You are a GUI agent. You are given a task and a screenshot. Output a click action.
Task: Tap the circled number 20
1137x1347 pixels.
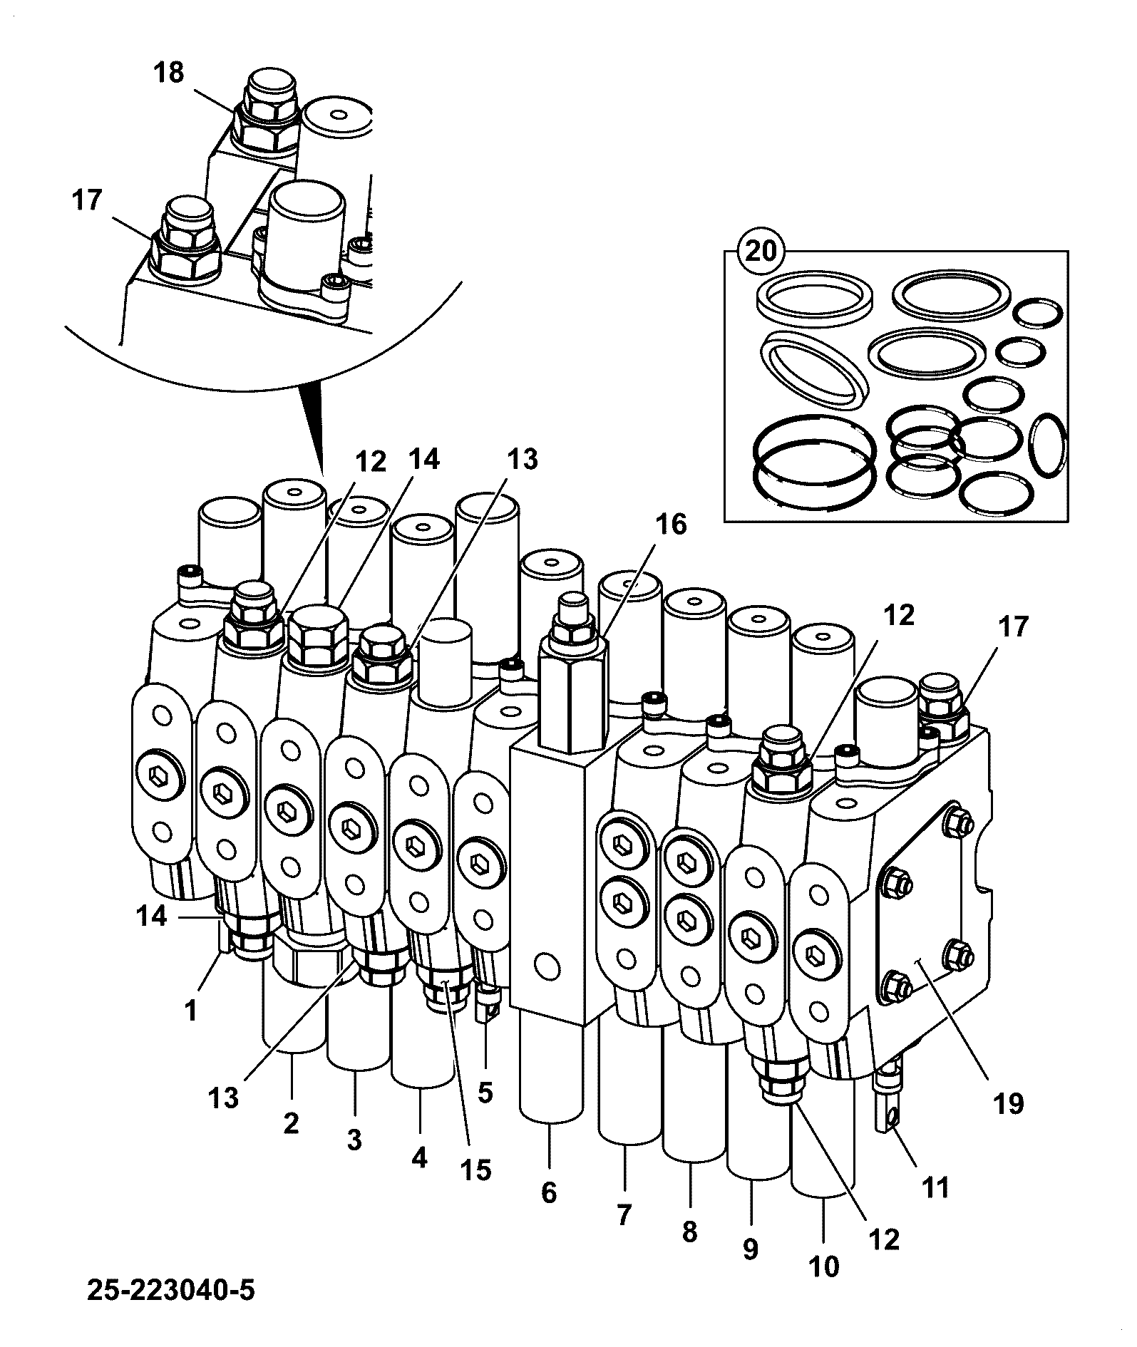(x=761, y=252)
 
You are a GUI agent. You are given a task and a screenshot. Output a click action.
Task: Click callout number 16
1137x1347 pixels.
(x=671, y=525)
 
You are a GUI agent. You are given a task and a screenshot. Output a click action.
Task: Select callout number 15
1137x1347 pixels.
(x=475, y=1170)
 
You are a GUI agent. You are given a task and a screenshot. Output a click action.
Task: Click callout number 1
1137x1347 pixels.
(x=190, y=1011)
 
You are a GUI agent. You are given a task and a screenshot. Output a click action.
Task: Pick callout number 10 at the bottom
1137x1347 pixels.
(x=824, y=1266)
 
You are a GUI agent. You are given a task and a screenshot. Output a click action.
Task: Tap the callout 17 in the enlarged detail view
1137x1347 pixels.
(x=87, y=200)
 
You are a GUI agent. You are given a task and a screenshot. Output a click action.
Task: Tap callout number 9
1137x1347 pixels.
(x=750, y=1249)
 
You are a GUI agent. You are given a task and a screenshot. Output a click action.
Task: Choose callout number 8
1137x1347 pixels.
(x=689, y=1232)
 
